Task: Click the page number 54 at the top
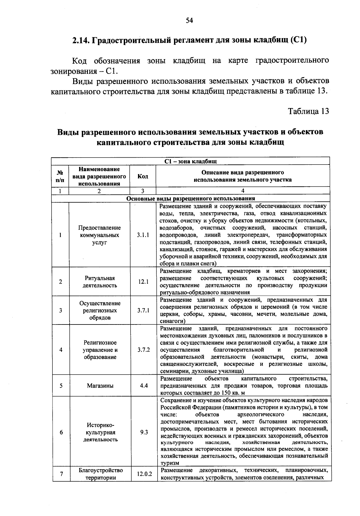[189, 20]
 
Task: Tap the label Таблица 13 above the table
[308, 111]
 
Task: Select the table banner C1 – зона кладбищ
[190, 161]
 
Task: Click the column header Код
[142, 176]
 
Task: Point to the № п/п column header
[60, 176]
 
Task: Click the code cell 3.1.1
[143, 235]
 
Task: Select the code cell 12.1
[143, 282]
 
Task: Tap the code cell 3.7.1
[143, 310]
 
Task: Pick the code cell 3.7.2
[144, 350]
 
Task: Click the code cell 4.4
[144, 385]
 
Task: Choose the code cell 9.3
[144, 432]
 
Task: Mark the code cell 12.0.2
[144, 474]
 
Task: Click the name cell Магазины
[100, 386]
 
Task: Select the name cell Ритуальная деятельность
[100, 282]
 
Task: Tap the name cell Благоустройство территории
[101, 474]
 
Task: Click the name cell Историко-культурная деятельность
[100, 432]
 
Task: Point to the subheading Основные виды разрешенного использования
[190, 198]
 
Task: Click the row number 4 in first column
[61, 350]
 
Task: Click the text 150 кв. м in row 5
[233, 393]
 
